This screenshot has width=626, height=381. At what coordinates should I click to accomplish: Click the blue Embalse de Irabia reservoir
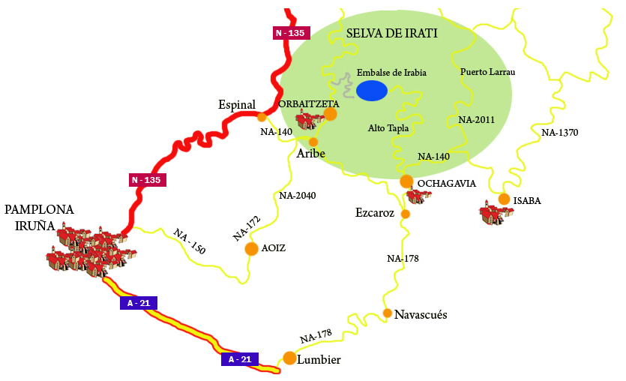[371, 91]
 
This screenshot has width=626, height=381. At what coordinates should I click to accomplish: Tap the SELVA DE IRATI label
[391, 34]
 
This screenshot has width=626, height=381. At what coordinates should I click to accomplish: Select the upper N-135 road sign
[289, 33]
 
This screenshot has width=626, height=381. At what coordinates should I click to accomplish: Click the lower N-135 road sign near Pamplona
[146, 180]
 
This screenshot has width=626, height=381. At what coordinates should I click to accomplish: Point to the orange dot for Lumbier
[289, 358]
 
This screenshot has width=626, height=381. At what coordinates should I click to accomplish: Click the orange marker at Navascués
[387, 313]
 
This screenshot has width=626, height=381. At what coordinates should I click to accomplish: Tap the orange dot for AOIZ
[252, 248]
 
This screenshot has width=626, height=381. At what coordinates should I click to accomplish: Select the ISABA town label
[527, 200]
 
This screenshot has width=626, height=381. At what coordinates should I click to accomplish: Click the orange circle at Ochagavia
[406, 181]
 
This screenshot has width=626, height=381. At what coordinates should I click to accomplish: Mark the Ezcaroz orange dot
[406, 214]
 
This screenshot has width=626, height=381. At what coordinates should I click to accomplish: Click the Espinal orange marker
[262, 117]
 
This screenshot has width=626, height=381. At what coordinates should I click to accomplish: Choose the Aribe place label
[310, 153]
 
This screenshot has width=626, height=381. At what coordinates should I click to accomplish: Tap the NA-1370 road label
[559, 133]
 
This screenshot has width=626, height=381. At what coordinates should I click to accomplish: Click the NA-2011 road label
[476, 119]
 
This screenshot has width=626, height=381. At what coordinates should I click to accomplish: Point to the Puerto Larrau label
[488, 72]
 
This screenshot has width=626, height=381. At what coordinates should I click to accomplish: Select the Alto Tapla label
[388, 128]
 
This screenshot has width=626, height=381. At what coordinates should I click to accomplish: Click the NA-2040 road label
[297, 196]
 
